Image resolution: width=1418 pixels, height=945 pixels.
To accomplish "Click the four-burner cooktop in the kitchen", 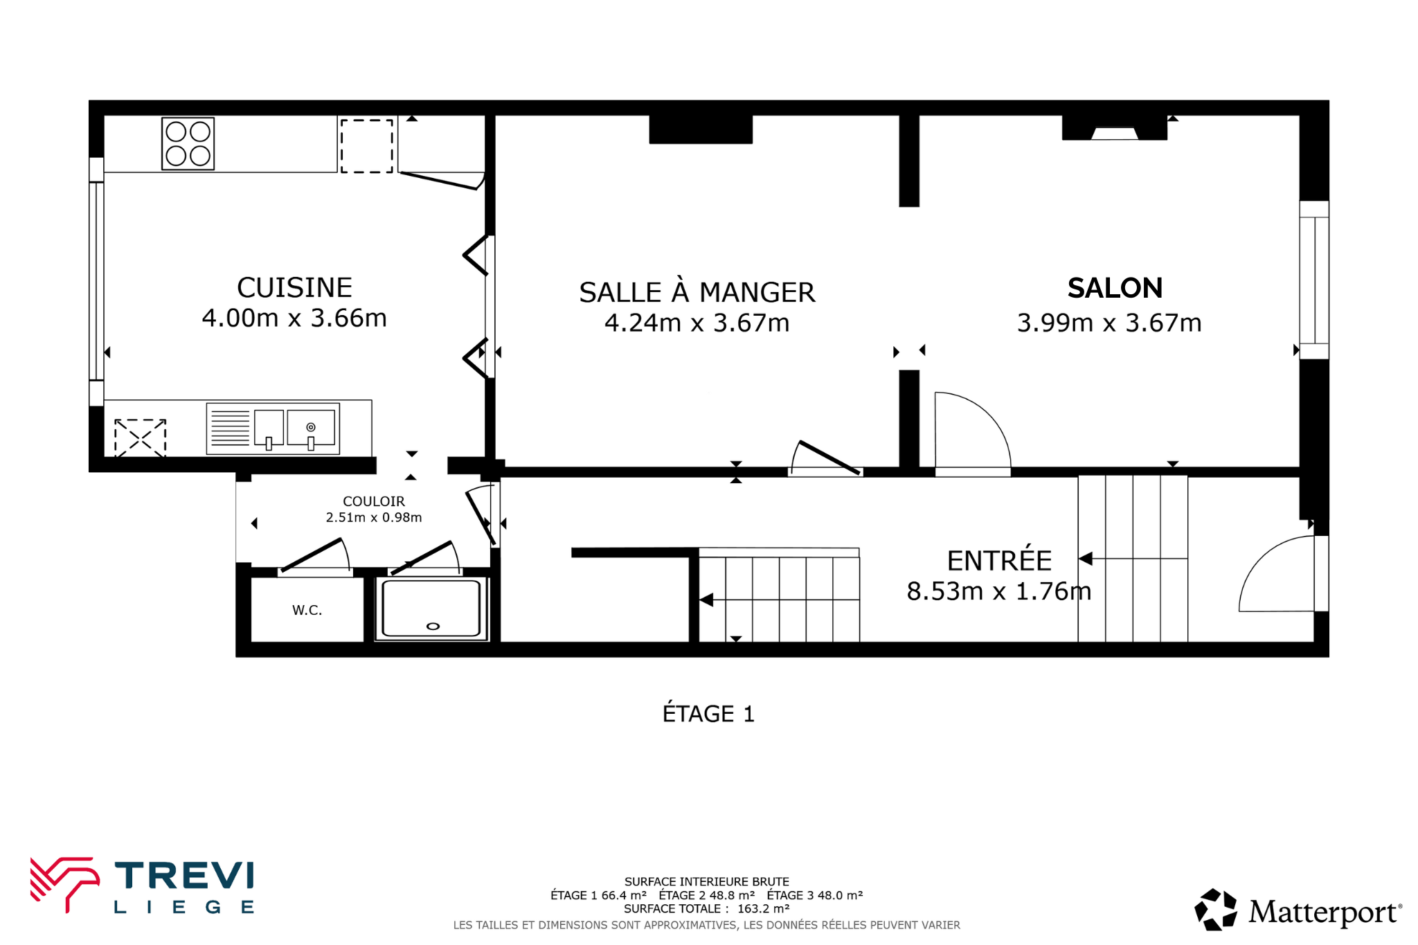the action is click(x=188, y=143).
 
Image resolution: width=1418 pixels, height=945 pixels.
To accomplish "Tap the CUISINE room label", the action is click(x=294, y=287).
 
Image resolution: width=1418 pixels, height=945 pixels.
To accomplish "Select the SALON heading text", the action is click(x=1115, y=288).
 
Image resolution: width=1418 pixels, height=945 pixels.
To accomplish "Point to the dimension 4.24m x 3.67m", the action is click(x=697, y=323).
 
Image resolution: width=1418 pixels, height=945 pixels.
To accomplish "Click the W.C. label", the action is click(x=307, y=610).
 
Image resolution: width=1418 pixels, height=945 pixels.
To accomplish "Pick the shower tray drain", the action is click(x=433, y=627).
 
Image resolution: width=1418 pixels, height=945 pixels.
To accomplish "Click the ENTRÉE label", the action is click(x=999, y=560).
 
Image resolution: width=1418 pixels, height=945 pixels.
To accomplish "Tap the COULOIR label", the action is click(x=374, y=501).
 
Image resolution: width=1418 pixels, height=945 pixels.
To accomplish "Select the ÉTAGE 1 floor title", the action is click(x=708, y=713).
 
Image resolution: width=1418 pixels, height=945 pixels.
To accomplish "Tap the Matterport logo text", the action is click(x=1324, y=912).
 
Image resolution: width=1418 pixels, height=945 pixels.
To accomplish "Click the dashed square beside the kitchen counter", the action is click(x=367, y=145).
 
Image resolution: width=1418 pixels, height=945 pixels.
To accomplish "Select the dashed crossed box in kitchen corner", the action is click(x=140, y=438).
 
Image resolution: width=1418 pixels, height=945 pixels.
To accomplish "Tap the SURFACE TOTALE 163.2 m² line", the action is click(x=706, y=909).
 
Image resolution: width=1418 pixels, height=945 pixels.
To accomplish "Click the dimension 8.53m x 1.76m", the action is click(x=999, y=591).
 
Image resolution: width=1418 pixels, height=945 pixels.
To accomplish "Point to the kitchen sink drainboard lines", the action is click(x=230, y=428).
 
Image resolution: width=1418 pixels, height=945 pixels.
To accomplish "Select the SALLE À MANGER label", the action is click(x=697, y=292).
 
